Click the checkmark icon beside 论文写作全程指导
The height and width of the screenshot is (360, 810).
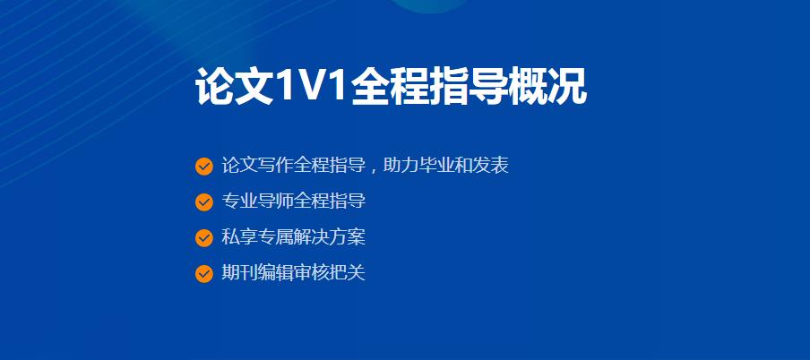coord(204,167)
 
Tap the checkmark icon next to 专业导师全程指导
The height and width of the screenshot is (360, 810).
coord(204,202)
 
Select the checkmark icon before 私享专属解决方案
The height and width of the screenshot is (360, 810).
coord(204,238)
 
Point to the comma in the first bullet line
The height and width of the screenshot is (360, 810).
coord(374,168)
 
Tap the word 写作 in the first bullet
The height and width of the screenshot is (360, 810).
coord(276,166)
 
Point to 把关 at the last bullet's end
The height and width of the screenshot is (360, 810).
coord(348,273)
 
